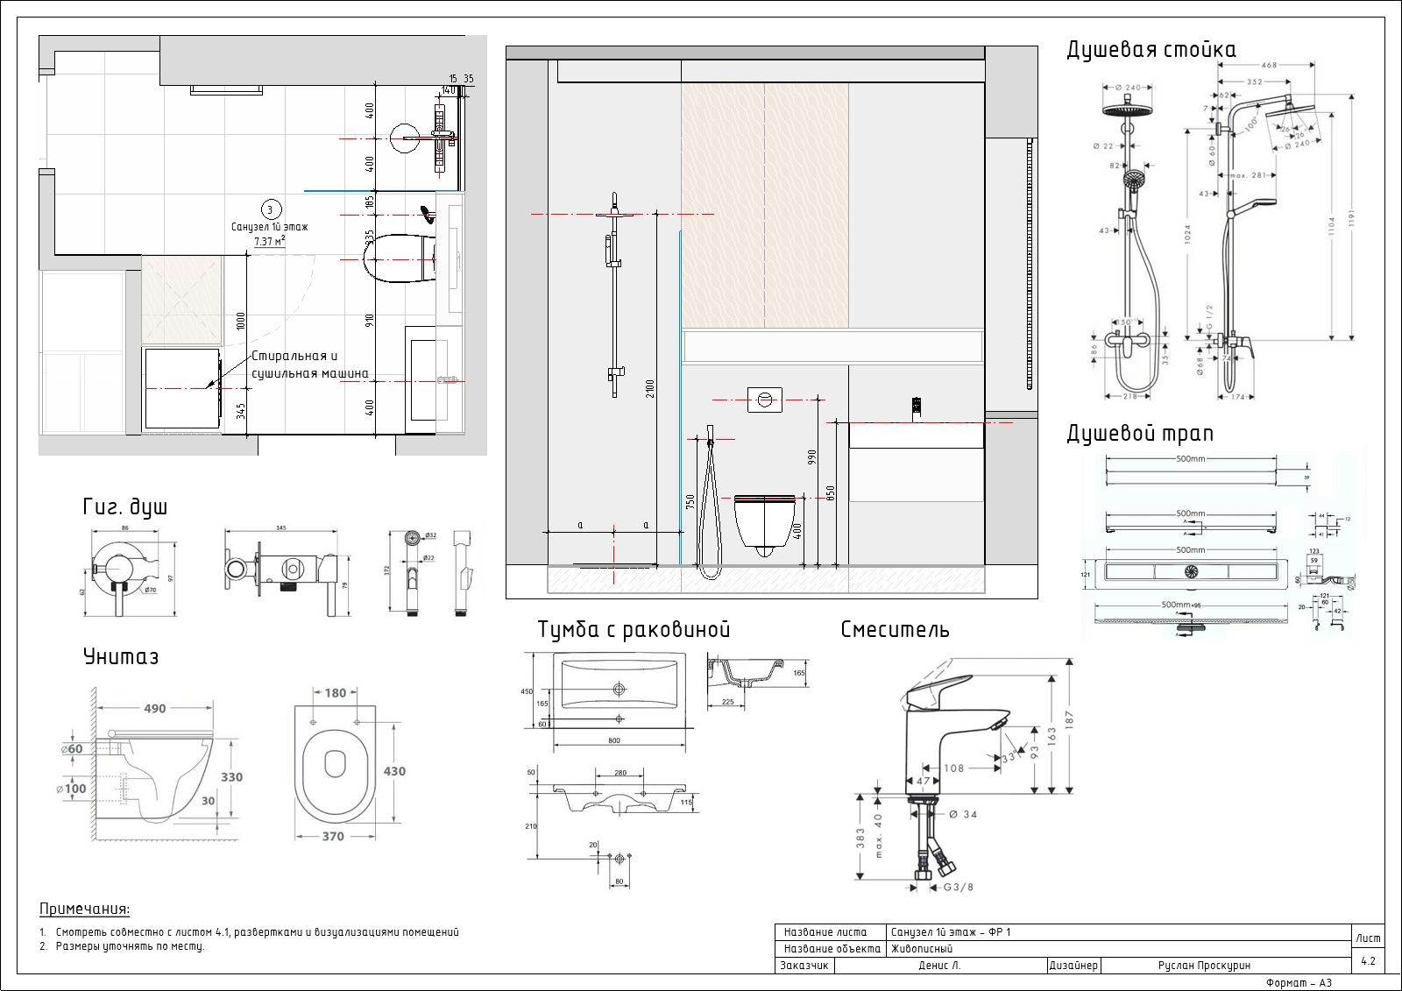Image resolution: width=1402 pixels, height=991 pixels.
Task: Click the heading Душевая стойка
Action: point(1151,50)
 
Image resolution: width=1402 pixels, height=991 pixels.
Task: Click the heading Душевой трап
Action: point(1139,433)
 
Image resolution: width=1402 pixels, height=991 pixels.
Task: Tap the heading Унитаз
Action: point(121,656)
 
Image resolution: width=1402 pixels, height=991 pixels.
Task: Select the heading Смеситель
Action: point(895,629)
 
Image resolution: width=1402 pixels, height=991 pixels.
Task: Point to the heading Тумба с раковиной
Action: point(634,629)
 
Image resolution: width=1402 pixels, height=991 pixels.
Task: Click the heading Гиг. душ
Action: point(124,506)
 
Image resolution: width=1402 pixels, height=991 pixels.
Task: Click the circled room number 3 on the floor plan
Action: point(270,209)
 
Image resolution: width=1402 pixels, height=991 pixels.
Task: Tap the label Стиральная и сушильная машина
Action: point(309,365)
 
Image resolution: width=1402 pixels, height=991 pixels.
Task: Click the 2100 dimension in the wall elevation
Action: point(650,386)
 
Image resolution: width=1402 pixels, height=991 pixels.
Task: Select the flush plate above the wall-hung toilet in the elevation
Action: point(765,400)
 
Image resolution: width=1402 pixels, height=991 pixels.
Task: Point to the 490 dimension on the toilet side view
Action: point(155,709)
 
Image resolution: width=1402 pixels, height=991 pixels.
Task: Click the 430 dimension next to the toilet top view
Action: point(394,771)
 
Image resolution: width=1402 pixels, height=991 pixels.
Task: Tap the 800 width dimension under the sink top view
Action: point(613,741)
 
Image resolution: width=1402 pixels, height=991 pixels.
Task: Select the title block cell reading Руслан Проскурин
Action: point(1203,966)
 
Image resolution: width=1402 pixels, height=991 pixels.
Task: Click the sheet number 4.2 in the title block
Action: point(1368,961)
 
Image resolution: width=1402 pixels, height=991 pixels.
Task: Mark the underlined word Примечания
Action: point(84,910)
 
